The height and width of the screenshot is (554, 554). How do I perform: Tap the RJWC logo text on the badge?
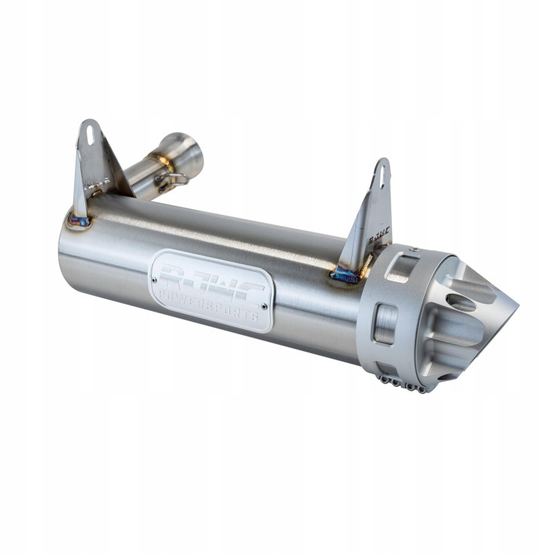[211, 281]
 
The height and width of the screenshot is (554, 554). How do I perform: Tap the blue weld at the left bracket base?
[79, 222]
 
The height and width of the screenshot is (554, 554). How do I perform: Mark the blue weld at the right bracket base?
[346, 277]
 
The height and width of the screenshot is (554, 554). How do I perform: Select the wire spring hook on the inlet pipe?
[169, 181]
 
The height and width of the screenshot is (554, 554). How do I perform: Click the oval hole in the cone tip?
[461, 303]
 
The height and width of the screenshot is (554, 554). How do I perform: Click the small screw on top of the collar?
[413, 249]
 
